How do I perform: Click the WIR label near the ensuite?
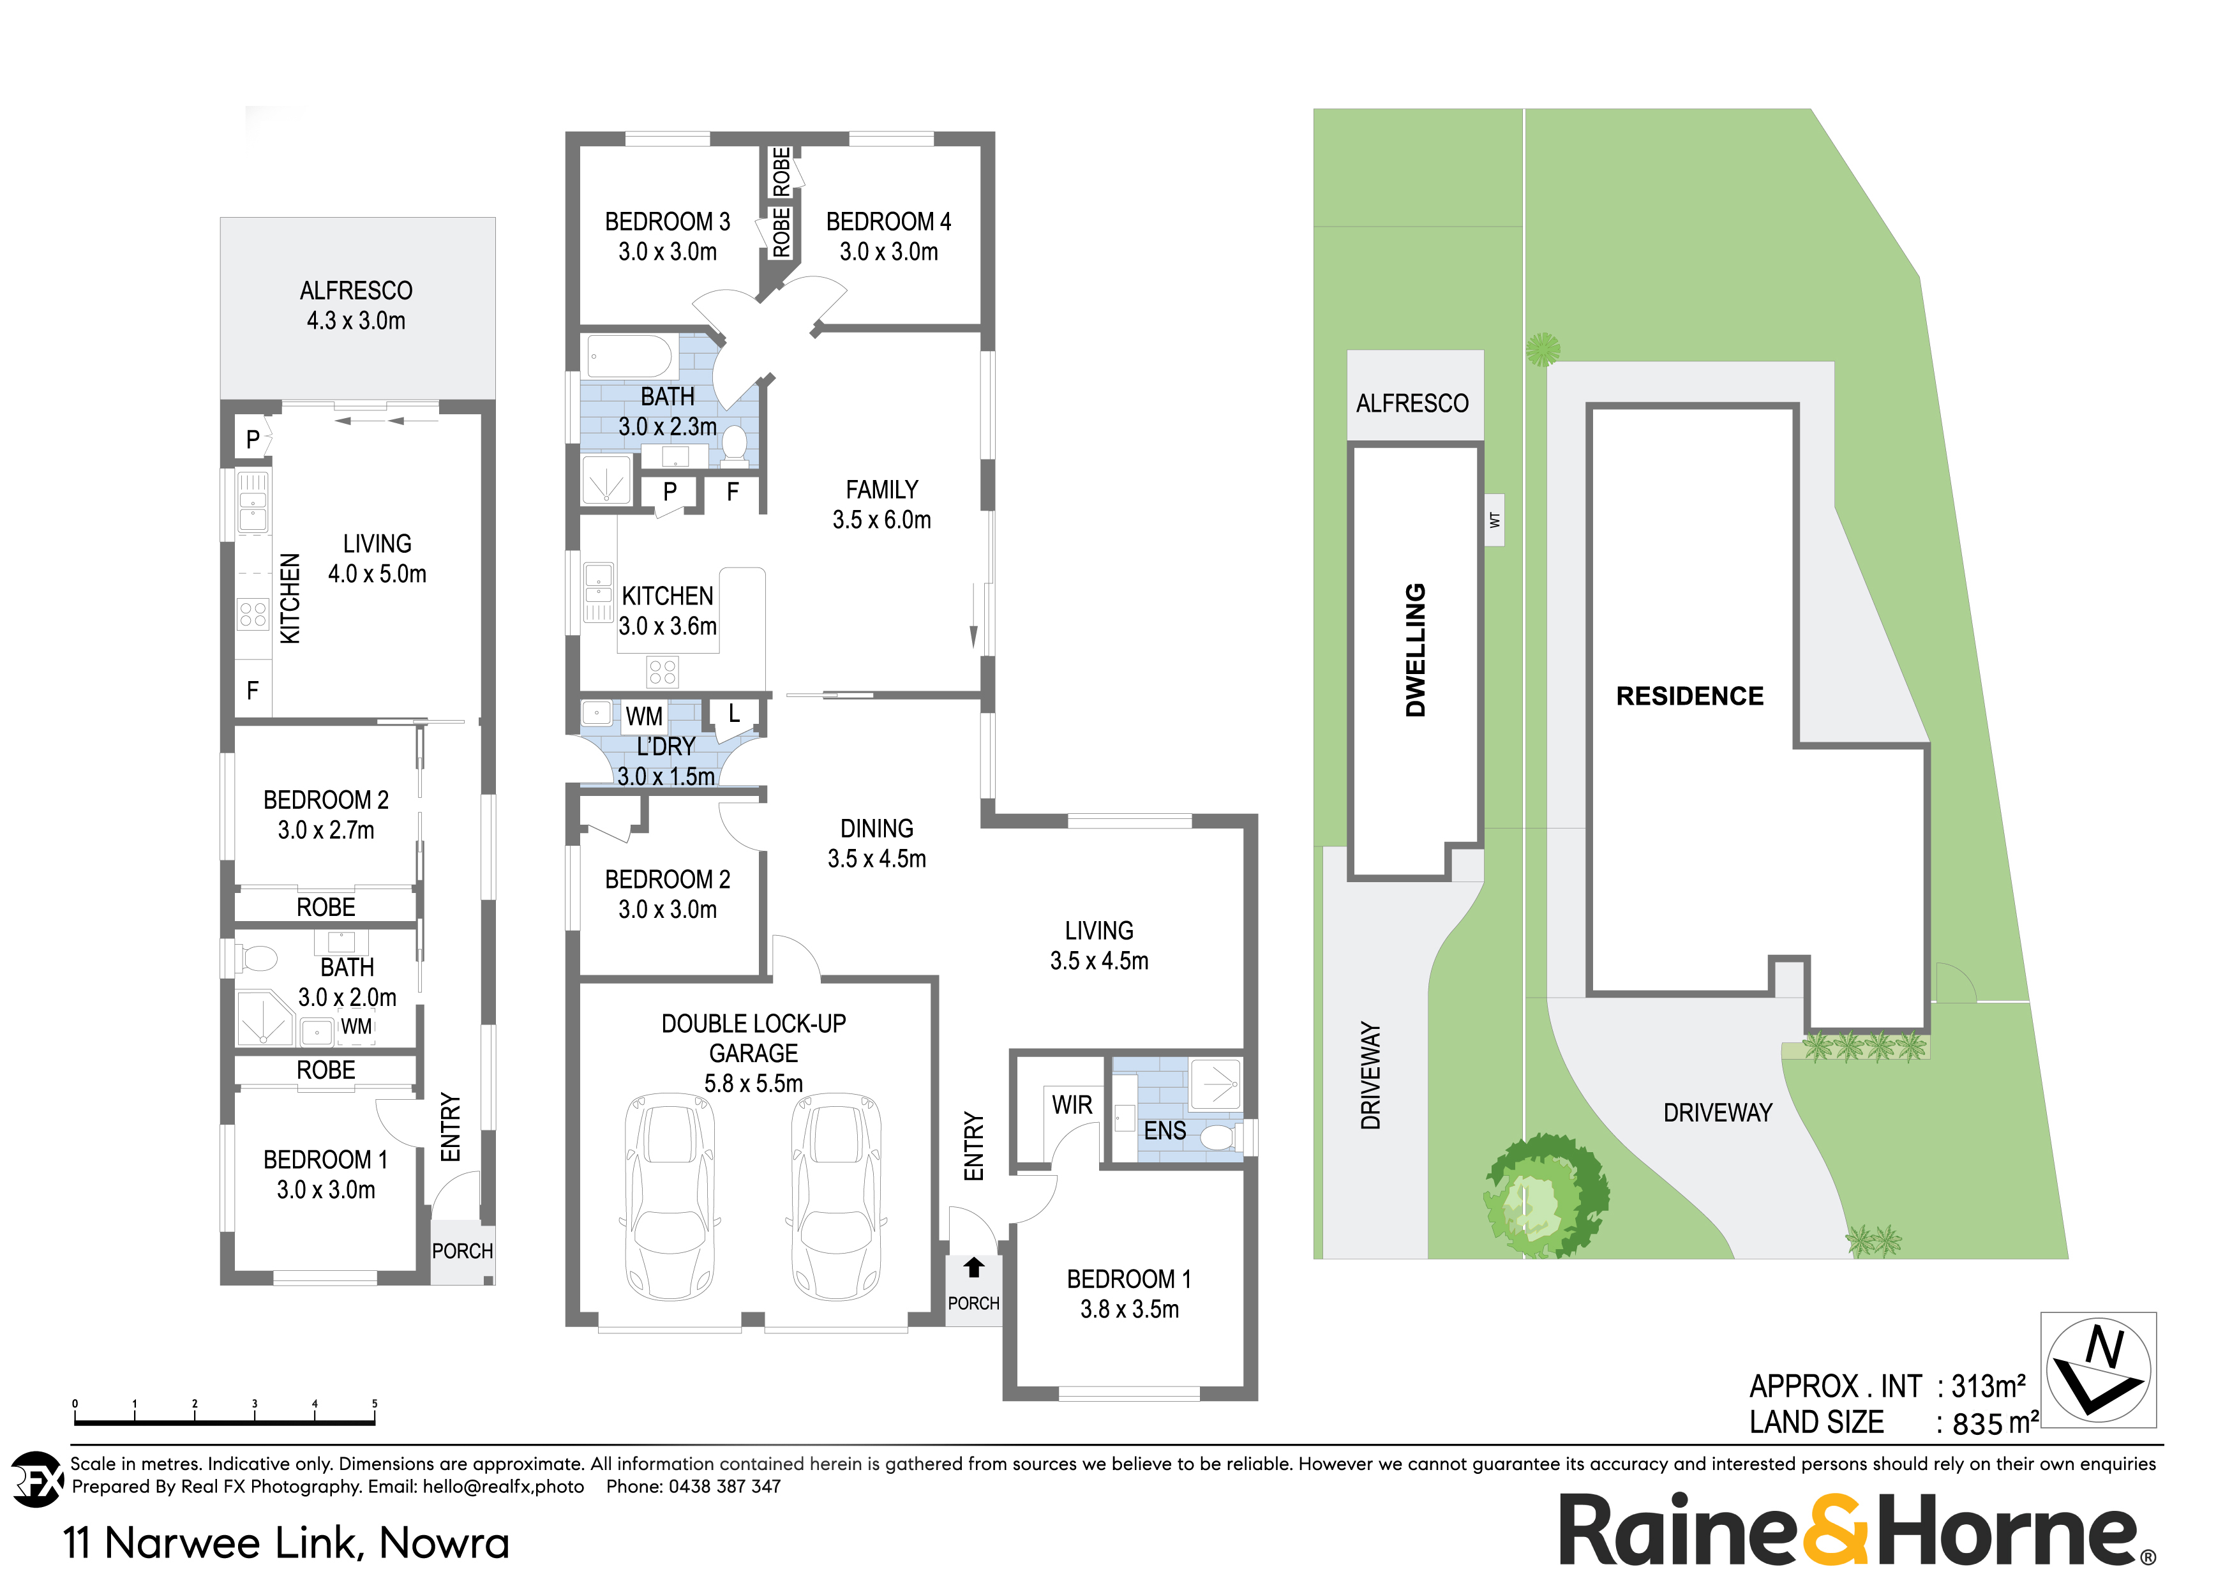pos(1072,1104)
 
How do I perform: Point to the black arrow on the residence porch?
pos(973,1267)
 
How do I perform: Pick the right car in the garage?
pos(835,1197)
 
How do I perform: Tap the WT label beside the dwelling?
pos(1494,519)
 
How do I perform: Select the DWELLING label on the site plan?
pos(1415,650)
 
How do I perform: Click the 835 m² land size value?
pos(1995,1423)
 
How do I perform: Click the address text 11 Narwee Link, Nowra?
pos(287,1543)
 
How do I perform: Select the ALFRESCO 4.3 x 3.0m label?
pos(356,305)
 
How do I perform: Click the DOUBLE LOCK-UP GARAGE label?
pos(753,1038)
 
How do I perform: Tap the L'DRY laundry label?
pos(666,746)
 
